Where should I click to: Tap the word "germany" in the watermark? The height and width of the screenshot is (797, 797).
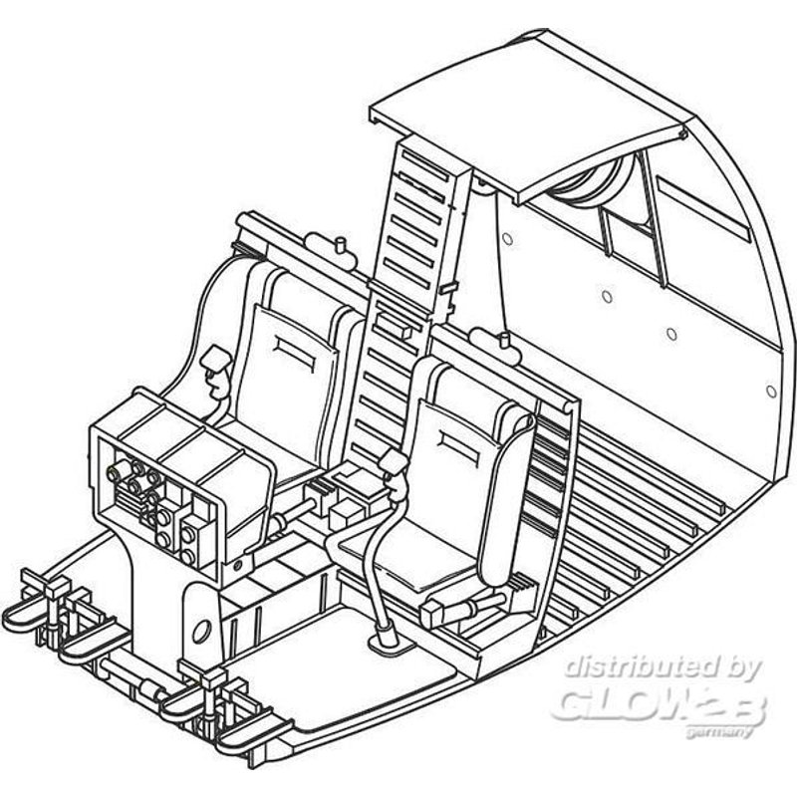click(718, 733)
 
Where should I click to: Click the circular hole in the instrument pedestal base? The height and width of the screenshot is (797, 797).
click(201, 631)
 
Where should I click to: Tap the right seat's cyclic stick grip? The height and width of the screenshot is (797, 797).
click(394, 461)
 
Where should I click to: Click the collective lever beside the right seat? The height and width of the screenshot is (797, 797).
click(462, 607)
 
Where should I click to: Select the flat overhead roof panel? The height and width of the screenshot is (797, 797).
click(529, 115)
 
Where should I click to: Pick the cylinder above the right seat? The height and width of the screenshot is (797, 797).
click(495, 346)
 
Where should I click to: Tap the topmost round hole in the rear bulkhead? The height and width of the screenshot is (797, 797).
click(507, 238)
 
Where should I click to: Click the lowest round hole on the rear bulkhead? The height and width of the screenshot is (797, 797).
click(770, 392)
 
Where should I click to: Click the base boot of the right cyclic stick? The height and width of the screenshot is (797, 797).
click(389, 637)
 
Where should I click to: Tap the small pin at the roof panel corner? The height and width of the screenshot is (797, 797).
click(682, 134)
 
